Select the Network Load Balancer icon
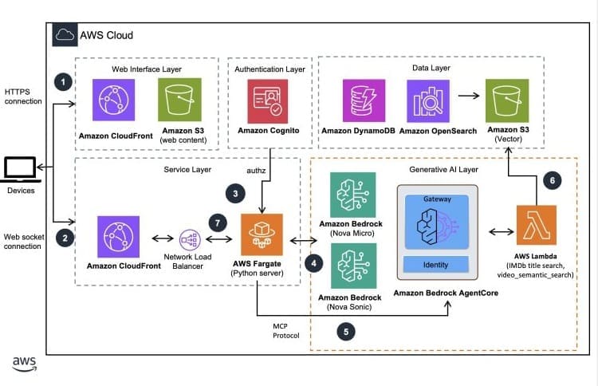(190, 239)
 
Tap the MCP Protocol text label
(284, 330)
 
